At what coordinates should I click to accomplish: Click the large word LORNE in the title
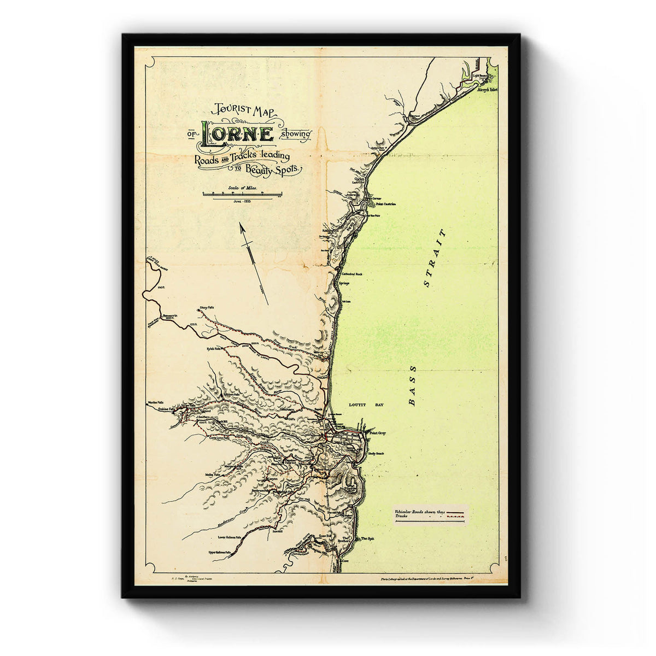coord(238,134)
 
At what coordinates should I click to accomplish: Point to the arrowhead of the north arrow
coord(241,226)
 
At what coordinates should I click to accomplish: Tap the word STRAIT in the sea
coord(435,257)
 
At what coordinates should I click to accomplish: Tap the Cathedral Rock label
coord(352,273)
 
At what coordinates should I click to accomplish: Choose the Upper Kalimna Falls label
coord(221,553)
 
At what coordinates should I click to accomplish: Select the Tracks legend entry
coord(401,517)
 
